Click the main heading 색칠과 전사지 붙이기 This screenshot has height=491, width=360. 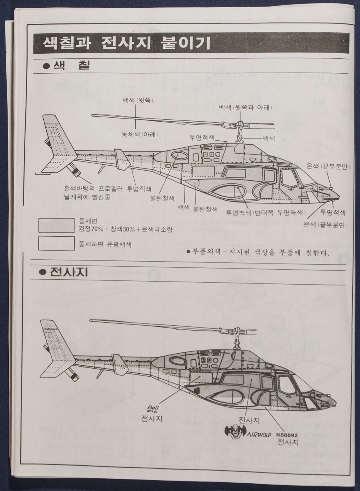pyautogui.click(x=127, y=43)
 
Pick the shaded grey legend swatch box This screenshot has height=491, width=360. pyautogui.click(x=56, y=225)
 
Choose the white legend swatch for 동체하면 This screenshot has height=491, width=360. pyautogui.click(x=56, y=243)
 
